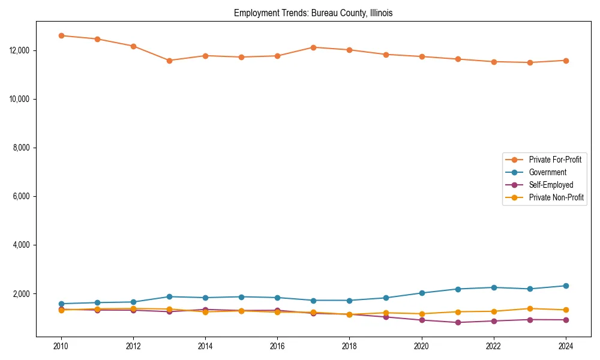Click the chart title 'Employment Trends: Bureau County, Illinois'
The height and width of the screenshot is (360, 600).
tap(313, 13)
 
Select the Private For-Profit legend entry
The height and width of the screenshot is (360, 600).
tap(554, 160)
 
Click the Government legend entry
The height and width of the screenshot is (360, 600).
tap(547, 172)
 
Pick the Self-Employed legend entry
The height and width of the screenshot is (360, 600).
tap(551, 185)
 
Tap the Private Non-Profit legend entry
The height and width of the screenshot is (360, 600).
tap(556, 197)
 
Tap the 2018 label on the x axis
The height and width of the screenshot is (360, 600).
tap(349, 346)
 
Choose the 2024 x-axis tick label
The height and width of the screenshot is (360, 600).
tap(566, 346)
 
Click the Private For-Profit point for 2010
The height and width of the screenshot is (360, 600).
tap(61, 35)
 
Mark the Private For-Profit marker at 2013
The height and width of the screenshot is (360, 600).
tap(169, 61)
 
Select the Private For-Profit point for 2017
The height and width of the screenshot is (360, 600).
tap(313, 47)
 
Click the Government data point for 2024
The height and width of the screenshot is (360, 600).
tap(566, 286)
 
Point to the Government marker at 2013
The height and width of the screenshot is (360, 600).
tap(169, 296)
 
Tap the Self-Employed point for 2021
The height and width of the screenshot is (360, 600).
tap(458, 322)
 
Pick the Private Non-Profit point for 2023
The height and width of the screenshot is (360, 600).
tap(530, 308)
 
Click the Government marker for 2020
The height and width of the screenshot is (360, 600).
tap(422, 293)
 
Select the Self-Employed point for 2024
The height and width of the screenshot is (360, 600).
tap(566, 320)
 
